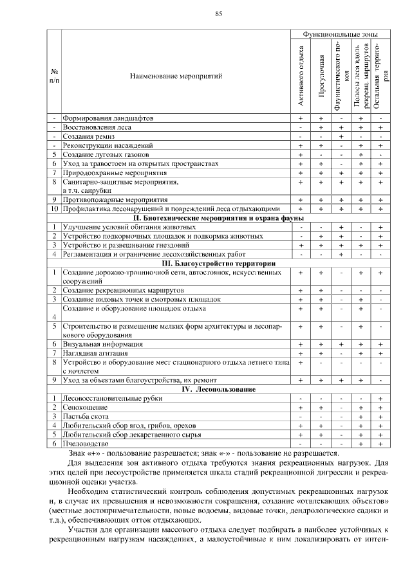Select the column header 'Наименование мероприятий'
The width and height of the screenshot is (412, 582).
(176, 76)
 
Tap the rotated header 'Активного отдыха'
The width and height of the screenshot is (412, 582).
(301, 75)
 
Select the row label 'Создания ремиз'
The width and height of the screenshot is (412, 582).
(86, 137)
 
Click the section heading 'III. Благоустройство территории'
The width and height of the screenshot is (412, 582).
(219, 263)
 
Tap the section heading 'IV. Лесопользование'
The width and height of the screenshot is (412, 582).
(219, 389)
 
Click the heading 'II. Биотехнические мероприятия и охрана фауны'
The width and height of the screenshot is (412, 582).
(219, 218)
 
